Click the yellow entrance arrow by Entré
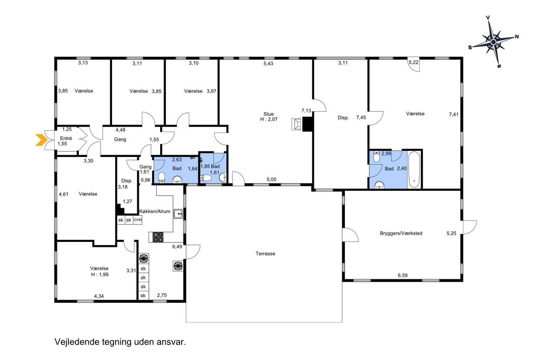click(41, 140)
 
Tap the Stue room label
click(269, 114)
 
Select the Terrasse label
click(265, 254)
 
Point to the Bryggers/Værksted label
click(401, 233)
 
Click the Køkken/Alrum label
click(155, 211)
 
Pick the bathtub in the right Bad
click(414, 169)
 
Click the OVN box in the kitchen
click(138, 220)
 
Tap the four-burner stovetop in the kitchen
click(158, 237)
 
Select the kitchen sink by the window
click(178, 214)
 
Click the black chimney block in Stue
click(307, 124)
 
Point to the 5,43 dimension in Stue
click(268, 63)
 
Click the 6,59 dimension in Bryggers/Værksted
click(403, 275)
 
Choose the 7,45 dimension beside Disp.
click(361, 117)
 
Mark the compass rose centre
click(494, 42)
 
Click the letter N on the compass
click(517, 37)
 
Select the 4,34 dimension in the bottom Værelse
click(99, 296)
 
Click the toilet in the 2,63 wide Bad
click(162, 177)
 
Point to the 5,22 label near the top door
click(414, 62)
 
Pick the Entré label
click(66, 138)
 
